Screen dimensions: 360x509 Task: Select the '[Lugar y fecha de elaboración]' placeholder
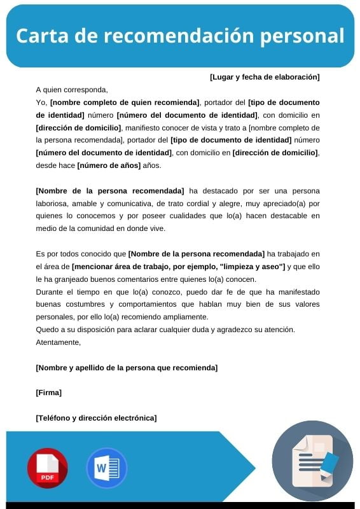tap(265, 77)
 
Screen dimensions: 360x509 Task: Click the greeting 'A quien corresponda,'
tap(72, 90)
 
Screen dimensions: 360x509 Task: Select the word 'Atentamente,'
tap(59, 342)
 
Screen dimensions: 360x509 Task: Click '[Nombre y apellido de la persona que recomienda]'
tap(127, 368)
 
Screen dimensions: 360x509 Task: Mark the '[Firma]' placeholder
tap(49, 393)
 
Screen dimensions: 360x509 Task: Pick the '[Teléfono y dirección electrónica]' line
tap(96, 418)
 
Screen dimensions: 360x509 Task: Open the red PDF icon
tap(47, 468)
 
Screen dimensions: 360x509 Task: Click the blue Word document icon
tap(106, 468)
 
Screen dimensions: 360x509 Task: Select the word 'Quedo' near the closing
tap(46, 330)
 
